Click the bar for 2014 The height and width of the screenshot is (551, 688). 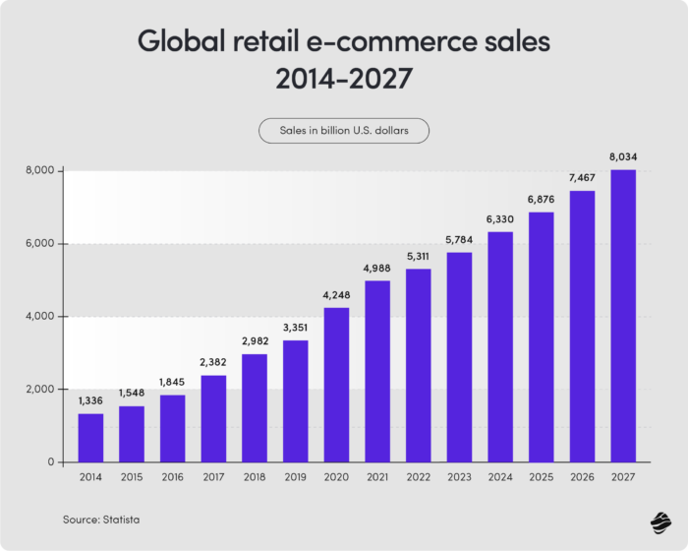coord(90,438)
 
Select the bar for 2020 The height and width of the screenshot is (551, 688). coord(336,385)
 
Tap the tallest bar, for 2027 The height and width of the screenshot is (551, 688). coord(622,316)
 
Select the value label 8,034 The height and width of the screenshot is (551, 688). coord(622,158)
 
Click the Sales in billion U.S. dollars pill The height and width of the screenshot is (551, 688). coord(344,131)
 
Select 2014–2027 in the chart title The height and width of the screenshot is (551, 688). coord(344,80)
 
